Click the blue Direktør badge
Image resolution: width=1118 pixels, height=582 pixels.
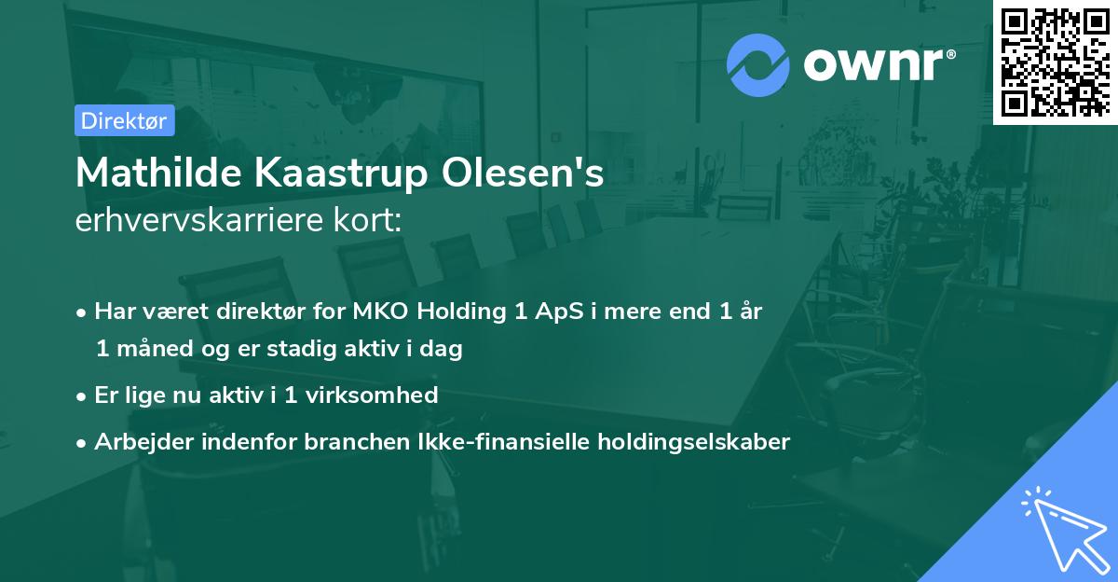(124, 120)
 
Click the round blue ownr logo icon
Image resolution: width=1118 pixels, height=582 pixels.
(758, 64)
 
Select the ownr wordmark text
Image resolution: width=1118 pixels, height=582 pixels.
(877, 64)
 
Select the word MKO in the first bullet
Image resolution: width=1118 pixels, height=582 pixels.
(377, 312)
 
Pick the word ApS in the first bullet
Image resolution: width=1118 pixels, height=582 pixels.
(554, 312)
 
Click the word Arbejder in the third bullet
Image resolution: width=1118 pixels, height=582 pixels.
(139, 442)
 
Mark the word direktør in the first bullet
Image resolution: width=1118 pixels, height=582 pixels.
(257, 312)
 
